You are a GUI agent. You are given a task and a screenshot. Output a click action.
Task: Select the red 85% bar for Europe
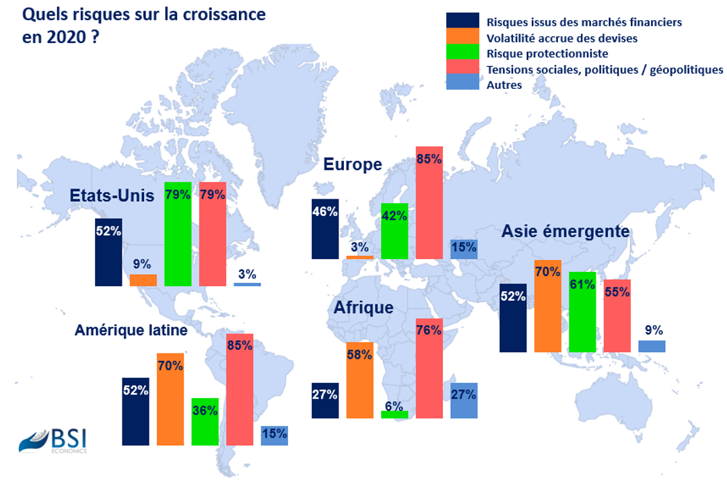point(429,203)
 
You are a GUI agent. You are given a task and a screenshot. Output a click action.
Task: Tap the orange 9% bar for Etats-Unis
point(143,280)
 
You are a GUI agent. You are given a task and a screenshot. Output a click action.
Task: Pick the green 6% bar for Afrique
point(394,415)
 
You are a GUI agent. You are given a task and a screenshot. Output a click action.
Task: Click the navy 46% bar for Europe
point(324,229)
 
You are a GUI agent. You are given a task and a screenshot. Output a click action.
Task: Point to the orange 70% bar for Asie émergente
point(547,306)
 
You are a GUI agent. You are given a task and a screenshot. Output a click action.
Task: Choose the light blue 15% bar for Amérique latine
point(274,435)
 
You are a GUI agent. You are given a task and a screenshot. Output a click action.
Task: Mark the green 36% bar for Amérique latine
point(205,421)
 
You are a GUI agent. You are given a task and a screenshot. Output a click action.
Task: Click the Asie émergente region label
point(565,232)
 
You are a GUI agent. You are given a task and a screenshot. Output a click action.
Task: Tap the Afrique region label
point(363,308)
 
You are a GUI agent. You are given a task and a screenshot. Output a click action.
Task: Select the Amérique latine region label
point(131,330)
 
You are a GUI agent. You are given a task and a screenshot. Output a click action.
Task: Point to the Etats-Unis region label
point(112,195)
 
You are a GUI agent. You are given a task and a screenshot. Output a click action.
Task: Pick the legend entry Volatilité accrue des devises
point(561,38)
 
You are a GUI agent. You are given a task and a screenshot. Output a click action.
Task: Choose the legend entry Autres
point(504,85)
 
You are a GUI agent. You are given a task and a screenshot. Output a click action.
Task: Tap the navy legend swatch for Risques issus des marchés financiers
point(462,21)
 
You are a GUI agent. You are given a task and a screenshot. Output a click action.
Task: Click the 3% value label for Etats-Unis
point(247,274)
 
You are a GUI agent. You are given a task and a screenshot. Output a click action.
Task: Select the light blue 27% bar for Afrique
point(463,401)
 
